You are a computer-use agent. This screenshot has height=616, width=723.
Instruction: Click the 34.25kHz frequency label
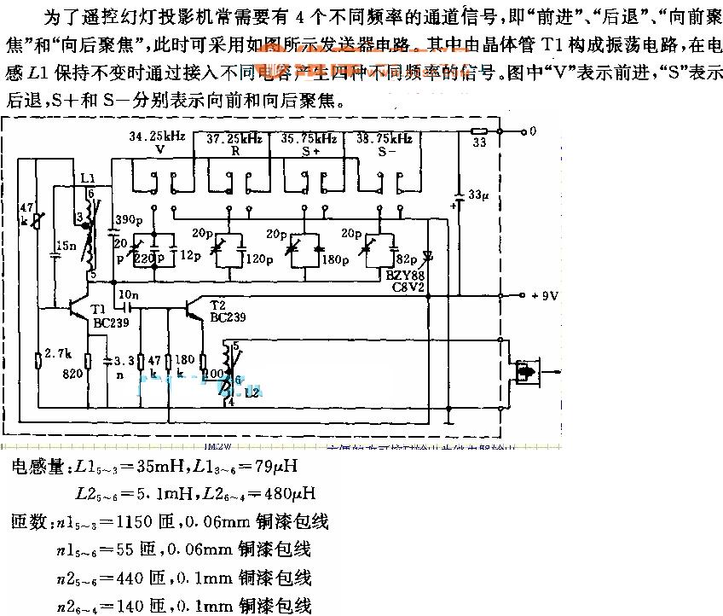(156, 137)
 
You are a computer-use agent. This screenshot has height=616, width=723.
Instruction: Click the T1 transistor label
(98, 308)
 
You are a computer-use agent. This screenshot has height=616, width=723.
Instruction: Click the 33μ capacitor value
(480, 195)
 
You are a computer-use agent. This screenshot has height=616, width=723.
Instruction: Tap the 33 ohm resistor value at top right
(479, 142)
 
